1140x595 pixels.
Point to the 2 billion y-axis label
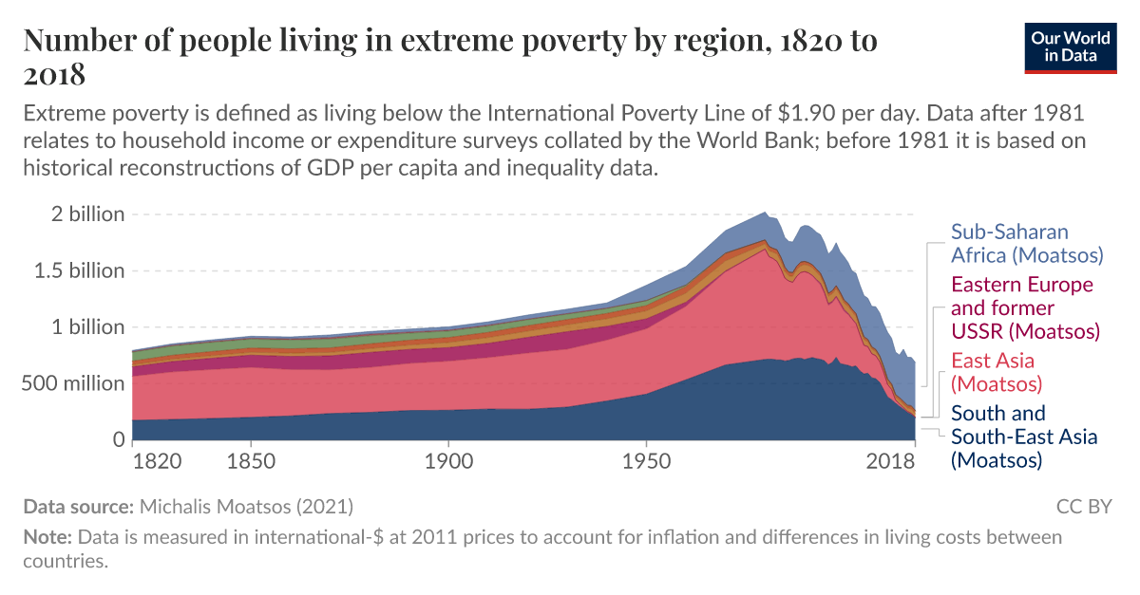click(88, 214)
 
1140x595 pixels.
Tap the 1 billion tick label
click(88, 326)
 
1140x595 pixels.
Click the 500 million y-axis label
click(74, 383)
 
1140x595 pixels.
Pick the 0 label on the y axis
click(119, 439)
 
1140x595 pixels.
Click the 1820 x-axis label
click(158, 462)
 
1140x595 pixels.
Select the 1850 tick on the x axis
click(250, 462)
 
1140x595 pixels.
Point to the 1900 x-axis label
click(447, 462)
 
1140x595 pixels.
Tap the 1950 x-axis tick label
click(646, 462)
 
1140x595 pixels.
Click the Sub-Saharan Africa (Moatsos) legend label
click(1026, 244)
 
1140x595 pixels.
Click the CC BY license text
click(1083, 507)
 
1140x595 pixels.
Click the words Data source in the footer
click(78, 507)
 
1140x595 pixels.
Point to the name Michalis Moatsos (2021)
click(247, 507)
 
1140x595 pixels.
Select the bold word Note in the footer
click(46, 537)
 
